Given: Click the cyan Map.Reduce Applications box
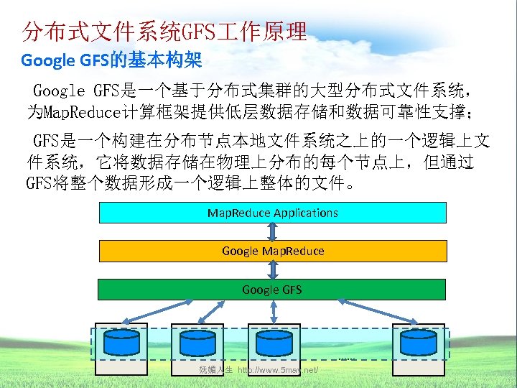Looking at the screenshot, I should tap(272, 213).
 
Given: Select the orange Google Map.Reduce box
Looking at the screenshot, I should tap(272, 251).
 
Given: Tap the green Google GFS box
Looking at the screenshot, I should tap(272, 290).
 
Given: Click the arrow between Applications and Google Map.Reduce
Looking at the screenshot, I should tap(272, 231).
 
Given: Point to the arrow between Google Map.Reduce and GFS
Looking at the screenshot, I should tap(272, 270).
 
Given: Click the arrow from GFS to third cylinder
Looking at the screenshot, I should tap(273, 312).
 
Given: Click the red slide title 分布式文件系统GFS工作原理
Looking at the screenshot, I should tap(164, 31).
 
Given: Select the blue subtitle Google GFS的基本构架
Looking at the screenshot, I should tap(111, 60).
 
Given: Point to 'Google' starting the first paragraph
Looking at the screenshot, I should tap(60, 91).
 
